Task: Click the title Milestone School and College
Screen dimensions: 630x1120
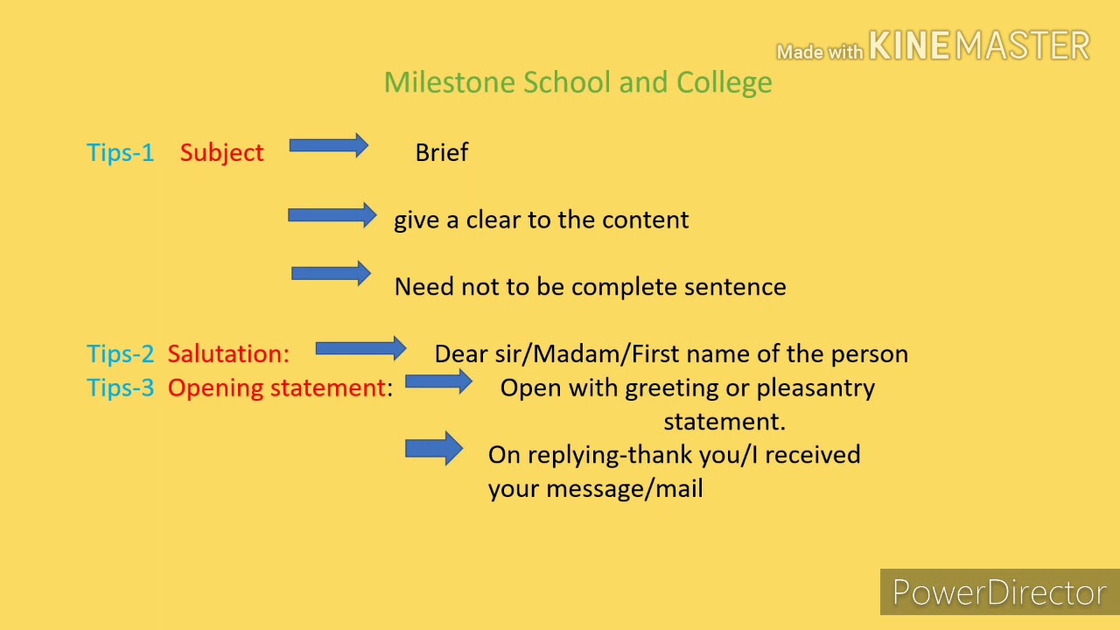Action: tap(577, 82)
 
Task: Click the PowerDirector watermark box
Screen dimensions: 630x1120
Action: tap(999, 592)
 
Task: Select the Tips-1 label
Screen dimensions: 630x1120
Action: tap(120, 152)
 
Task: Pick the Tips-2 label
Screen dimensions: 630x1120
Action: tap(120, 353)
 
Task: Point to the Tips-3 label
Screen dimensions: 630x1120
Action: tap(120, 388)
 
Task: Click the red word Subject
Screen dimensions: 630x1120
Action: tap(221, 153)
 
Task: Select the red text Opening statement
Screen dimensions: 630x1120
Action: tap(276, 388)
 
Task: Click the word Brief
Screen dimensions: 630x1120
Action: tap(442, 152)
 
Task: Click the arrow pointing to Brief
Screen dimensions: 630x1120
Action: tap(328, 146)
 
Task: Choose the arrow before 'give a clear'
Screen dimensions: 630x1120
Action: tap(332, 215)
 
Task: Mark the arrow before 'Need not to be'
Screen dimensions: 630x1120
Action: tap(331, 274)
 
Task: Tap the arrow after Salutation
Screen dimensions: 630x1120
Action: tap(360, 349)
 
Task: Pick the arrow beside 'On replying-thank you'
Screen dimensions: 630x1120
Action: tap(434, 449)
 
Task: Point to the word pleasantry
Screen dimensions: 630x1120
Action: tap(815, 388)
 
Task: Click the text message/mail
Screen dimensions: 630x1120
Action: tap(624, 488)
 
